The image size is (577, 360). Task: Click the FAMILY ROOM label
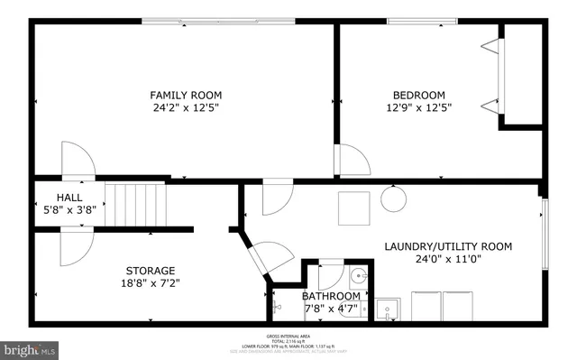tap(186, 95)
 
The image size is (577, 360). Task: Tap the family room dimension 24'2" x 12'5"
tap(186, 108)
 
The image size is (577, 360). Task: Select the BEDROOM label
tap(418, 95)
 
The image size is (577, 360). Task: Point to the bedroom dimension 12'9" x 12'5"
tap(418, 108)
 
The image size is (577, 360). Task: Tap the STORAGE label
tap(150, 270)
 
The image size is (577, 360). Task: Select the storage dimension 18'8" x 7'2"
tap(150, 283)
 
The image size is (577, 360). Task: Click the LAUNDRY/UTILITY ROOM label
tap(448, 246)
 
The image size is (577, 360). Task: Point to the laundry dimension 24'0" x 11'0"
tap(448, 260)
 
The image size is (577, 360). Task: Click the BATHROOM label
tap(331, 296)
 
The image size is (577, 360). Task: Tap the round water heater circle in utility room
tap(392, 198)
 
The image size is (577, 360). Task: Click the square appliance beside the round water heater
tap(353, 208)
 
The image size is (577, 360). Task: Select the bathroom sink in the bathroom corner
tap(357, 277)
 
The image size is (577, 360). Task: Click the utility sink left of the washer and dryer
tap(389, 308)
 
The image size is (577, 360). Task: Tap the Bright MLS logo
tap(31, 347)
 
